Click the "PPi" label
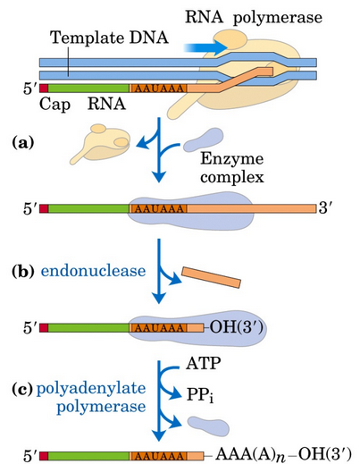(226, 391)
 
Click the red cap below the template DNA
(42, 89)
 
